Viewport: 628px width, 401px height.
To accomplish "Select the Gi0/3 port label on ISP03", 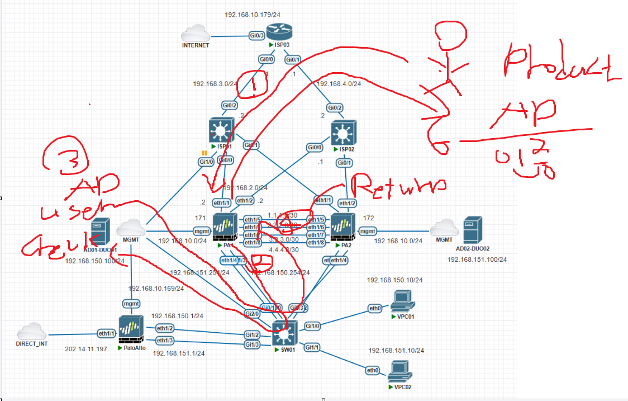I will click(256, 35).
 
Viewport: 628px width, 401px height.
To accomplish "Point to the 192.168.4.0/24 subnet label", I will click(339, 84).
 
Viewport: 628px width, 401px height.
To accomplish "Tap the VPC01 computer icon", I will click(402, 300).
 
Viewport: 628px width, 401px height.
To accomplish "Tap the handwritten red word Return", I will click(398, 187).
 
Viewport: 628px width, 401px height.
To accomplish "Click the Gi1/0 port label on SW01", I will click(312, 325).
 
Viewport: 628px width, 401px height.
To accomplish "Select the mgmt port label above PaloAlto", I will click(131, 303).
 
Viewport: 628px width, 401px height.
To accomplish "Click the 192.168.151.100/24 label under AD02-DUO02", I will click(477, 259).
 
